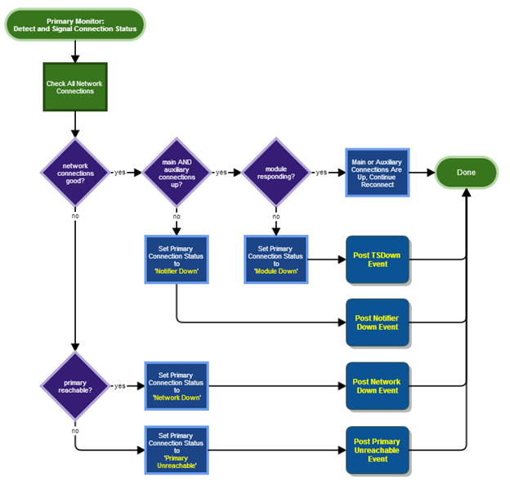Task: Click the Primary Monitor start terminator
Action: pos(75,25)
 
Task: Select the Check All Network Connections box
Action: pos(75,87)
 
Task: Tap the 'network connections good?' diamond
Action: pos(75,173)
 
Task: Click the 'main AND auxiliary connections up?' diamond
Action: pos(177,173)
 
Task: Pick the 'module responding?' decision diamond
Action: pos(276,173)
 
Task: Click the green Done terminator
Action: pos(466,173)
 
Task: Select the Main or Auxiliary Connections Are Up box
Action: pos(377,173)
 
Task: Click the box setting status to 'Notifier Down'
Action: pos(177,259)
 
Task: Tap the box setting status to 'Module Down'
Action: pos(276,259)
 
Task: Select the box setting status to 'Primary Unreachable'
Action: pos(177,449)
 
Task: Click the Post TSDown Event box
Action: pos(377,259)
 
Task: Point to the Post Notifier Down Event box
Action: pos(377,322)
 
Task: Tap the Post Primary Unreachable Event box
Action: pos(377,449)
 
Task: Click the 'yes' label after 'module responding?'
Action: pos(321,173)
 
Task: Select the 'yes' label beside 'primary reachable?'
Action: pos(120,386)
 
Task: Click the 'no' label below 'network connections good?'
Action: pos(75,216)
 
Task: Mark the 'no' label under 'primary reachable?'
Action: pos(75,430)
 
